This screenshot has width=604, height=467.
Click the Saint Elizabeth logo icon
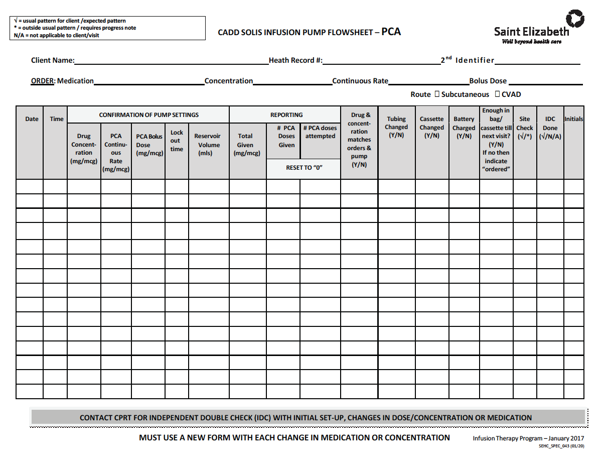[x=575, y=19]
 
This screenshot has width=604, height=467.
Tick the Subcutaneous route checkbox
[x=437, y=94]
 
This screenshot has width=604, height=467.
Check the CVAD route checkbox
[x=497, y=94]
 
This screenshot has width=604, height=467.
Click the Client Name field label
[x=53, y=60]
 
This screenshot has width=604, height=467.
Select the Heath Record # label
[x=295, y=60]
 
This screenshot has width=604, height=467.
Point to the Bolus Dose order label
[x=488, y=81]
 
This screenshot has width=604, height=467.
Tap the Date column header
[x=32, y=119]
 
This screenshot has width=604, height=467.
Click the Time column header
[x=57, y=119]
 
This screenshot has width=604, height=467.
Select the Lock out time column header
[x=177, y=141]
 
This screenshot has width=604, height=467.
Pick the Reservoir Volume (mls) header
[x=208, y=145]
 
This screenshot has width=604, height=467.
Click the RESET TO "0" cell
[x=304, y=168]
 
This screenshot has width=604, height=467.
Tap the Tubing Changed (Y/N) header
[x=396, y=127]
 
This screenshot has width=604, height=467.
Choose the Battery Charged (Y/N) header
[x=464, y=128]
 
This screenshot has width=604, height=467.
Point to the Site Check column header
[x=525, y=128]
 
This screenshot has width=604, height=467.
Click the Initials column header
[x=573, y=119]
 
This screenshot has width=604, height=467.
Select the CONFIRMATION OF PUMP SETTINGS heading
[x=148, y=115]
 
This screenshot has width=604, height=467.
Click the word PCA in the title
[x=391, y=32]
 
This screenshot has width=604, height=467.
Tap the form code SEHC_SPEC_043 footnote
[x=561, y=445]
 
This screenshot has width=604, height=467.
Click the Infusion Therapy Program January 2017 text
[x=528, y=438]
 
